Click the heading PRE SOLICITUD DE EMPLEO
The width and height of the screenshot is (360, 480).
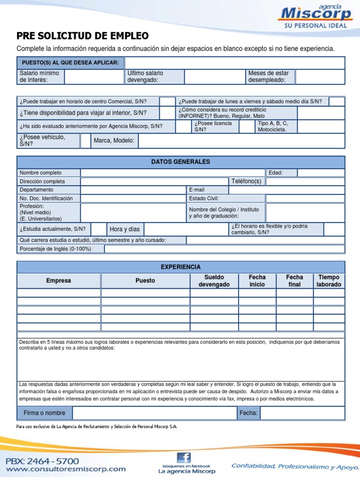(x=82, y=36)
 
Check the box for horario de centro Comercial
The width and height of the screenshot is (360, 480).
(x=166, y=101)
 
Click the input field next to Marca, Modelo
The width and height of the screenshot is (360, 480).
(x=241, y=141)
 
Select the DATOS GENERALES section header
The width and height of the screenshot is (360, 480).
(x=180, y=162)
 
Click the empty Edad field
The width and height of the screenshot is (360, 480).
(x=321, y=172)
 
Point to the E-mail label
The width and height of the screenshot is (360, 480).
(x=197, y=190)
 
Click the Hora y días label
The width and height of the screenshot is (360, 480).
(x=125, y=229)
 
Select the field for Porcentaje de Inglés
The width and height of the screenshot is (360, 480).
(x=224, y=249)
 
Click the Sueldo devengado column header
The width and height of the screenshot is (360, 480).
(x=214, y=281)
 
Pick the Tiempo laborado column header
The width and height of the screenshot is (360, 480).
(x=329, y=281)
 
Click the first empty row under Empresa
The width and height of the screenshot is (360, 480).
(x=59, y=293)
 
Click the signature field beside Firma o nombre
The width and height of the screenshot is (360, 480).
(x=155, y=413)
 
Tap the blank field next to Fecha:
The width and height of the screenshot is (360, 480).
(x=302, y=413)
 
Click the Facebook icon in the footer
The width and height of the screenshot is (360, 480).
(x=184, y=458)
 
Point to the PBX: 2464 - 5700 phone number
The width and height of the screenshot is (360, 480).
(x=42, y=461)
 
